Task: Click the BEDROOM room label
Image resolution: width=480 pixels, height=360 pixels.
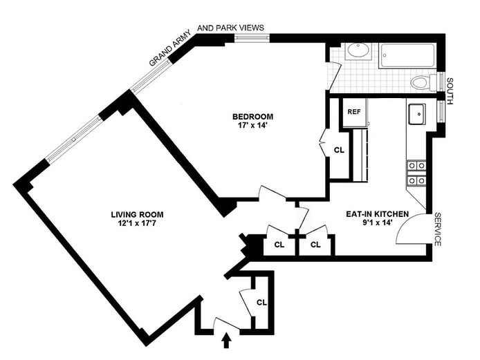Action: [x=253, y=115]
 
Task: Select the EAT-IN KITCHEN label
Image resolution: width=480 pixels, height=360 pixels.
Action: [x=377, y=214]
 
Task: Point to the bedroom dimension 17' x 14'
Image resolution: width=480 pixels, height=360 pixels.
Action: [x=253, y=125]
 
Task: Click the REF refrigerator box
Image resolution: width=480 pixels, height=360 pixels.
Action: [x=354, y=112]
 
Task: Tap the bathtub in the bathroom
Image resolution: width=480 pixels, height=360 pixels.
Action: [x=407, y=56]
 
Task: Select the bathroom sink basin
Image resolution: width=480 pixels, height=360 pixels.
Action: [x=358, y=50]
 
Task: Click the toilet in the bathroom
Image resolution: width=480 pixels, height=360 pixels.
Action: [x=421, y=83]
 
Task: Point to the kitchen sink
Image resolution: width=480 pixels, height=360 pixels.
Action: [x=417, y=114]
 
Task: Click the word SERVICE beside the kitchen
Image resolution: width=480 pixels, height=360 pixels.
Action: [x=438, y=229]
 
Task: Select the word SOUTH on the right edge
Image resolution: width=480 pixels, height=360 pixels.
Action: [x=450, y=91]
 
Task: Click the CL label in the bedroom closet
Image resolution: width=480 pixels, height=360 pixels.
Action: [x=339, y=149]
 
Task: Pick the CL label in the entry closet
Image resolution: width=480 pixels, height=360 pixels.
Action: [x=261, y=302]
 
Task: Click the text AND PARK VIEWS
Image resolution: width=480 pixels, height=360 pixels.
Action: [x=230, y=28]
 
